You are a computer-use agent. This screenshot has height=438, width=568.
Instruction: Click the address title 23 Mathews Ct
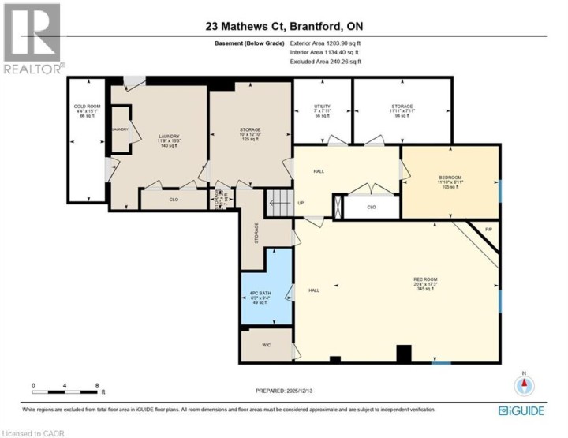[x=283, y=27]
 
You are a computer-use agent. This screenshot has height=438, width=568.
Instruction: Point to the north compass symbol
[x=525, y=385]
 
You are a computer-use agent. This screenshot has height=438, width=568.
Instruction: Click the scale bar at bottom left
[x=68, y=389]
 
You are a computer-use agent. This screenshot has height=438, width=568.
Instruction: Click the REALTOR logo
[x=32, y=39]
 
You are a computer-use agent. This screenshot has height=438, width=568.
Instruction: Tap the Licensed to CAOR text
[x=33, y=432]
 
